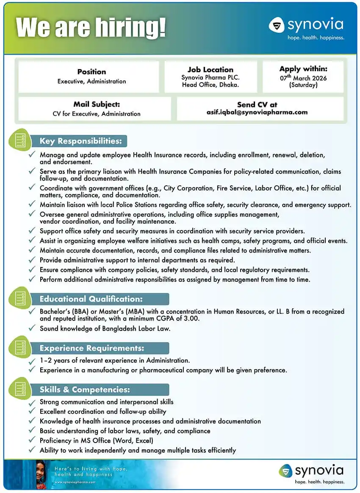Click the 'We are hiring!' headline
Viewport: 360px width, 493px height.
[91, 28]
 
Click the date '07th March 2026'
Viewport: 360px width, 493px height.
[303, 78]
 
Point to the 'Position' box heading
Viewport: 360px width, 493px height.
[91, 72]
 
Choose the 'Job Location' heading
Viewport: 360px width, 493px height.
[210, 70]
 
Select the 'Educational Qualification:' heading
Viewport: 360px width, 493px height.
[91, 299]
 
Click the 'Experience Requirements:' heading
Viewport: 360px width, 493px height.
[92, 348]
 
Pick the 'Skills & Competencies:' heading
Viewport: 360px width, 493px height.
[85, 390]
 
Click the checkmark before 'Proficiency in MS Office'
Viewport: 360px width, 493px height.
[32, 441]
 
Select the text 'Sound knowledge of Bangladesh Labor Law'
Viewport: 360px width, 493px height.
[105, 329]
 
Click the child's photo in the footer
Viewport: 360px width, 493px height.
[41, 474]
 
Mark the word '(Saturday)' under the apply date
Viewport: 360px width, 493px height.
[303, 85]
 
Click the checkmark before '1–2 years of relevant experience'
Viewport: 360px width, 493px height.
[32, 361]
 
